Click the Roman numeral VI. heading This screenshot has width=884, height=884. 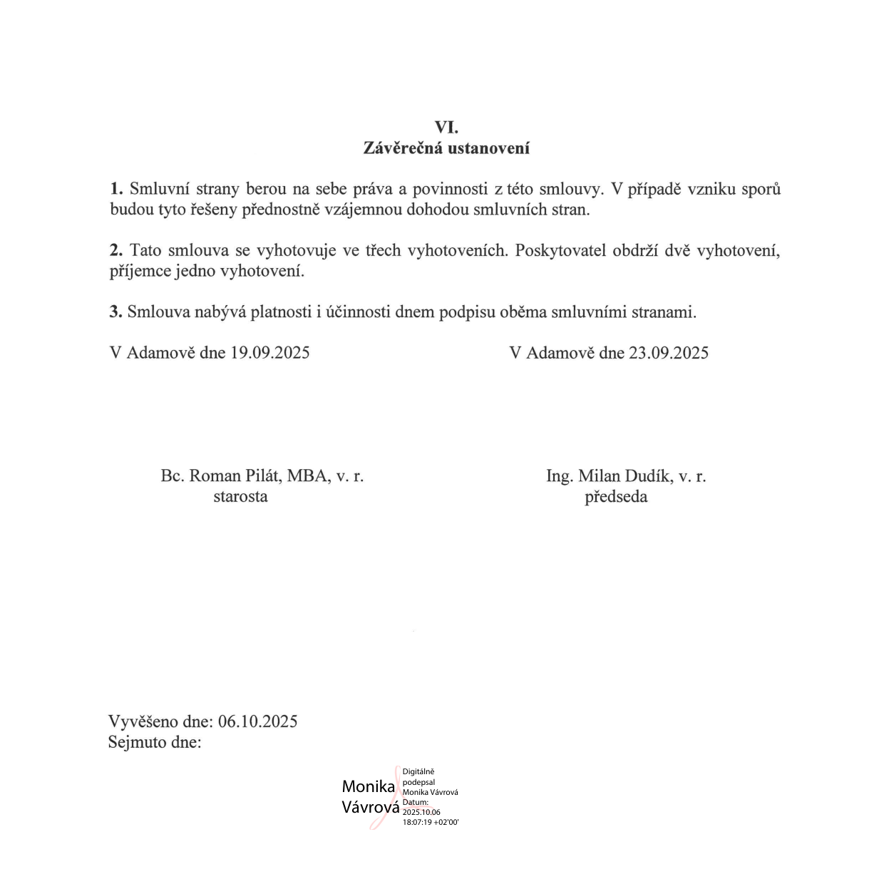coord(446,128)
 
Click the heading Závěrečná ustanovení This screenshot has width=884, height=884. coord(446,148)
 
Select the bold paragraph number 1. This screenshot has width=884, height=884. coord(116,189)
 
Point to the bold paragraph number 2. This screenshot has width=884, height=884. coord(116,251)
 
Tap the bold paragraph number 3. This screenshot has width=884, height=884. coord(116,312)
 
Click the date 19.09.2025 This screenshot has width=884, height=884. coord(269,353)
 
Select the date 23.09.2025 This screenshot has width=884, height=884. coord(668,353)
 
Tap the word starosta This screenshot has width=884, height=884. coord(240,497)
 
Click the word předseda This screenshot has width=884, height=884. coord(616,497)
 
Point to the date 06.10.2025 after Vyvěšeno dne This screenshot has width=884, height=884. coord(257,721)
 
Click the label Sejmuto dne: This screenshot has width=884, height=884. coord(155,742)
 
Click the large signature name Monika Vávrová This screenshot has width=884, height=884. coord(370,797)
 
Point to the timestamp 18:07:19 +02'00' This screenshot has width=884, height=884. coord(431,822)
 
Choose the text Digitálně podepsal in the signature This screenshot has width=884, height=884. coord(418,777)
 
